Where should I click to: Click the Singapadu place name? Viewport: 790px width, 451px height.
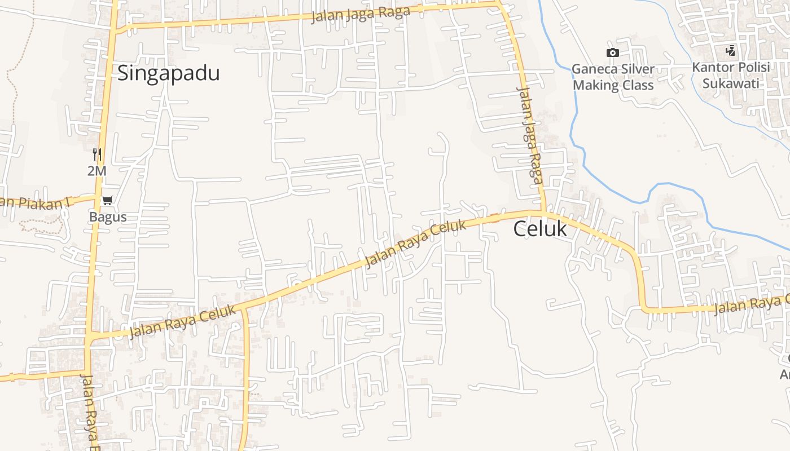[x=168, y=73]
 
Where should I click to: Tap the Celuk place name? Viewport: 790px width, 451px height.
[x=540, y=229]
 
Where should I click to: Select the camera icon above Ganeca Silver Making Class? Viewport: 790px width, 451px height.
[x=612, y=52]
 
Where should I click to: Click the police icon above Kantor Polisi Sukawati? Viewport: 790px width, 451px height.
[x=731, y=51]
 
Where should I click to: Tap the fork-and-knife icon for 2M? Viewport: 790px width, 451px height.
[x=97, y=154]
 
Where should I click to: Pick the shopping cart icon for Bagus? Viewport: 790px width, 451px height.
[x=107, y=200]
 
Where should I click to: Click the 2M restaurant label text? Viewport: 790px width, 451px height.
[x=97, y=170]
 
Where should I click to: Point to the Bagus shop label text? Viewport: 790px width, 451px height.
[x=108, y=217]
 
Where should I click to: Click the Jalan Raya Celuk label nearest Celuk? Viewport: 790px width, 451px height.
[x=416, y=244]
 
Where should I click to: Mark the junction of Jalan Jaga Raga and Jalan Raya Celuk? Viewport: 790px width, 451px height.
[x=545, y=212]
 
